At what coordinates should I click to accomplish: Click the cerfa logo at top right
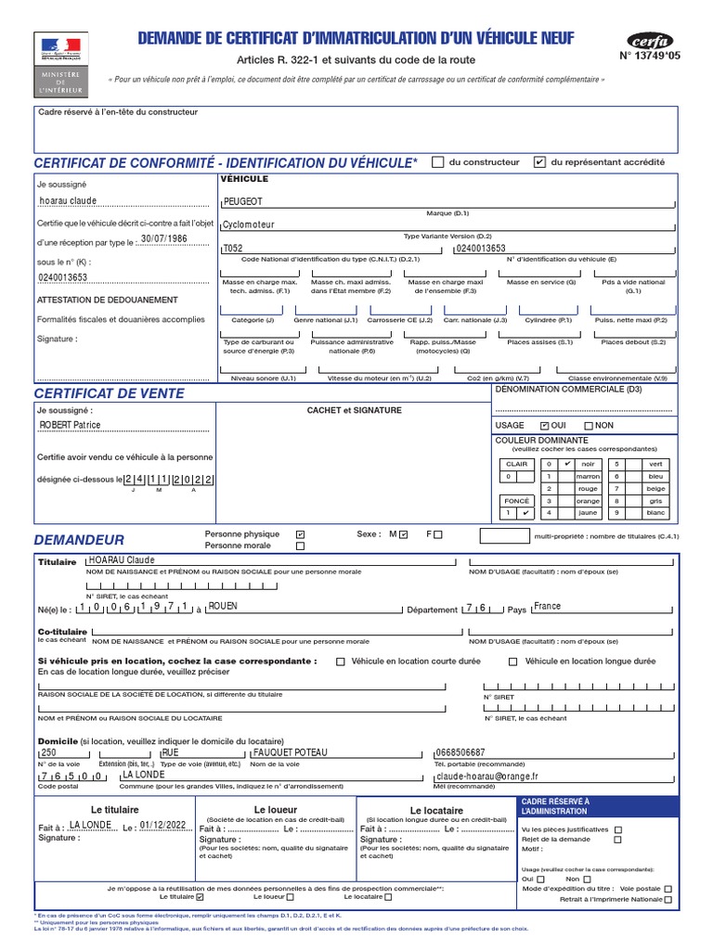pyautogui.click(x=650, y=43)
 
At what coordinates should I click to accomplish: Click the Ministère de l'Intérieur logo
pyautogui.click(x=59, y=64)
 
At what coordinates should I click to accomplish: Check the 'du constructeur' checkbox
pyautogui.click(x=438, y=161)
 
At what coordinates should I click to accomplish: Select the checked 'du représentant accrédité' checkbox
pyautogui.click(x=539, y=161)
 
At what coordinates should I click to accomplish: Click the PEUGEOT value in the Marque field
pyautogui.click(x=243, y=200)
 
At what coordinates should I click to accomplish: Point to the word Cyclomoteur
pyautogui.click(x=250, y=225)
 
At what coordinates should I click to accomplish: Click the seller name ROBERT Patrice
pyautogui.click(x=70, y=425)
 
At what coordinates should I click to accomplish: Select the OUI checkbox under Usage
pyautogui.click(x=545, y=425)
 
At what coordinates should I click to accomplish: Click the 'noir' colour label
pyautogui.click(x=587, y=463)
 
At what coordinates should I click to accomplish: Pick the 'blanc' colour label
pyautogui.click(x=656, y=512)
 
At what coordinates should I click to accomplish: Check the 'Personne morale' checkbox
pyautogui.click(x=299, y=546)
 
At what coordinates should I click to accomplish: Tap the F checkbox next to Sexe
pyautogui.click(x=438, y=534)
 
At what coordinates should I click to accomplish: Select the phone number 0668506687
pyautogui.click(x=460, y=752)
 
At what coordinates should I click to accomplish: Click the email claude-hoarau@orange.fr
pyautogui.click(x=487, y=776)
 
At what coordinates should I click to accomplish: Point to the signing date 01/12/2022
pyautogui.click(x=163, y=825)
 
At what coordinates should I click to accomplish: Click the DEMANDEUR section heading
pyautogui.click(x=79, y=539)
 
